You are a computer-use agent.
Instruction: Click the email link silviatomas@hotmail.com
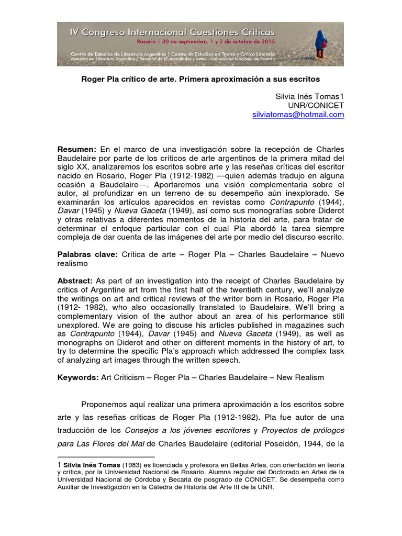[298, 115]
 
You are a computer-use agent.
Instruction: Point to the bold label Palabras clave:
[87, 255]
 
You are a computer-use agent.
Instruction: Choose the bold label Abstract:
[75, 281]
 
